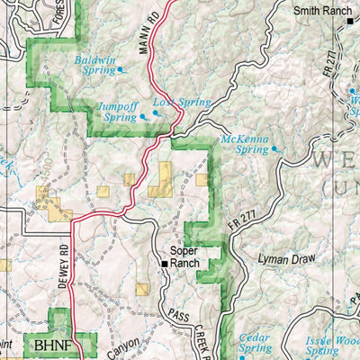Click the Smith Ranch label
pyautogui.click(x=322, y=11)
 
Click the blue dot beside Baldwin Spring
pyautogui.click(x=121, y=69)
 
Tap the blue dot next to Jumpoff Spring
pyautogui.click(x=142, y=117)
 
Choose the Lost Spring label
pyautogui.click(x=181, y=103)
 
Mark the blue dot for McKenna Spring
pyautogui.click(x=274, y=149)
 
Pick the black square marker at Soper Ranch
pyautogui.click(x=164, y=265)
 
